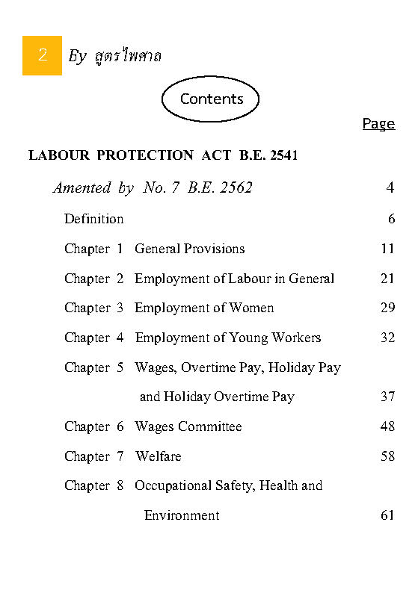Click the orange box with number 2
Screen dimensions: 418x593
point(42,55)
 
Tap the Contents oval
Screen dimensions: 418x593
point(212,99)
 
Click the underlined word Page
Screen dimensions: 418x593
point(378,123)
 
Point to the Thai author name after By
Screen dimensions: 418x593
point(129,56)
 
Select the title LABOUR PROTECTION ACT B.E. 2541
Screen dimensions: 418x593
point(163,155)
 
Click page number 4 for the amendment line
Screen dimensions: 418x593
point(390,187)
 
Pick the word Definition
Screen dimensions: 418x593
point(93,219)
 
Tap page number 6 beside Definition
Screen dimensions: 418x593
point(390,219)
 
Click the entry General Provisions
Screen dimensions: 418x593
point(189,249)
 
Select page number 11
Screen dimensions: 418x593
point(387,249)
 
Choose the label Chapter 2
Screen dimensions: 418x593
point(93,279)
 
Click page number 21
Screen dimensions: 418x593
point(387,279)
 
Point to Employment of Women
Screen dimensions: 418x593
point(204,308)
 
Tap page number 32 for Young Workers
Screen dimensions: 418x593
point(387,338)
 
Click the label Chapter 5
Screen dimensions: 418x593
point(93,367)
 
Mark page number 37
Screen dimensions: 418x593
point(387,397)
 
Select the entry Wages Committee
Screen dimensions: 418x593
point(188,426)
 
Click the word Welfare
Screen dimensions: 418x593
point(159,456)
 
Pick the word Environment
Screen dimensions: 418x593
point(182,515)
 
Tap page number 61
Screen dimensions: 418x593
point(387,515)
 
